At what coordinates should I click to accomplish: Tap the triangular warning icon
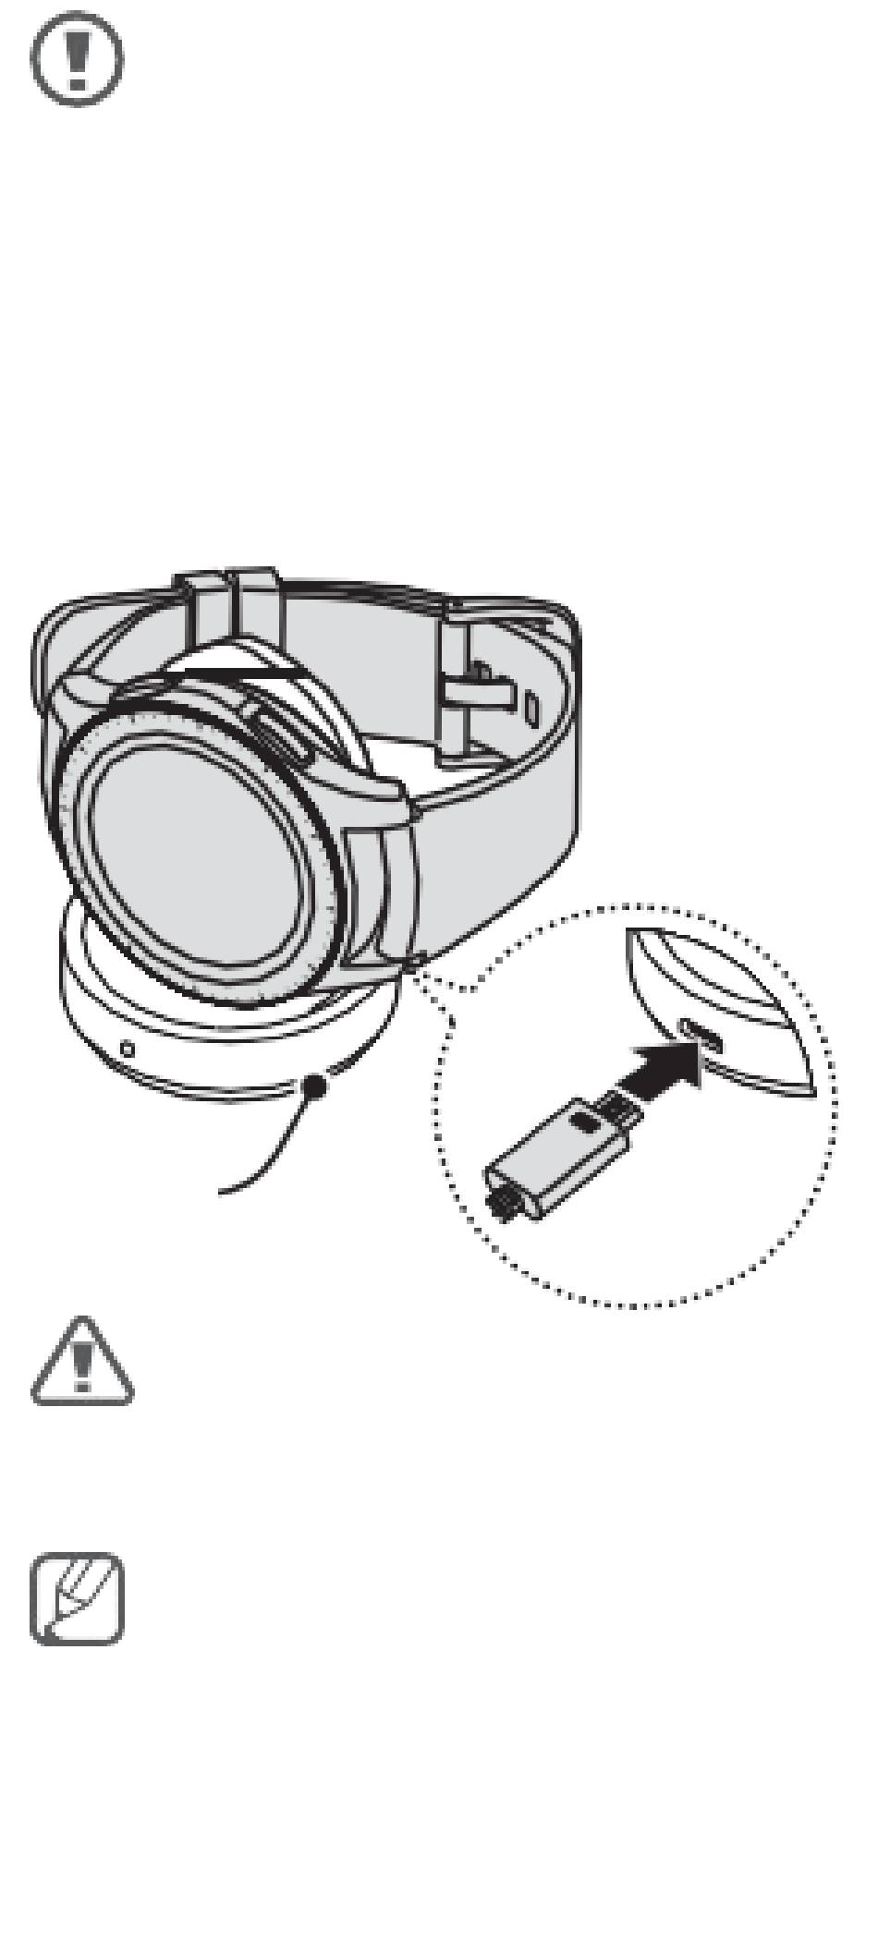pyautogui.click(x=82, y=1364)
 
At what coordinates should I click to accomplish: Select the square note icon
pyautogui.click(x=78, y=1599)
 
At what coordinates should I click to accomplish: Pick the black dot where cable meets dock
pyautogui.click(x=315, y=1086)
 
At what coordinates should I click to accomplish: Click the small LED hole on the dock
pyautogui.click(x=128, y=1050)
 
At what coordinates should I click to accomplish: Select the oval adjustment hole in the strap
pyautogui.click(x=530, y=708)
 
